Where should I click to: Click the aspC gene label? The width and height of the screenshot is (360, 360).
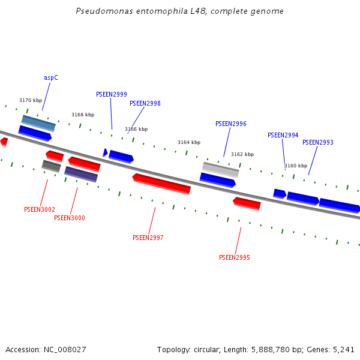pos(51,78)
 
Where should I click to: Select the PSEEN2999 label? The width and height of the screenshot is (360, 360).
pos(112,95)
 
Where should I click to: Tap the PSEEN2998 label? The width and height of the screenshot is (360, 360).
pos(145,104)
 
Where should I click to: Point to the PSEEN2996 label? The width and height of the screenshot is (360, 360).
pos(231,124)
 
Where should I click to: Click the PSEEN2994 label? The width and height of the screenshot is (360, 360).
pos(283,136)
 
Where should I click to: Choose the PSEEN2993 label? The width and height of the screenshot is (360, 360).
pos(318,143)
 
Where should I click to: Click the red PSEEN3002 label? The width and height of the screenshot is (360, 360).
pos(40,210)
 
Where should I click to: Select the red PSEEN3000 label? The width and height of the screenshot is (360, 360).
pos(70,218)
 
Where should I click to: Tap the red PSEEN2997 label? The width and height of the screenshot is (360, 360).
pos(148,238)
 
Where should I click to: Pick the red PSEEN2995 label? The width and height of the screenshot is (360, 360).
pos(235,258)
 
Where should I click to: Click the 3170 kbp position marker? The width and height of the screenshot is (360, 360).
pos(31,101)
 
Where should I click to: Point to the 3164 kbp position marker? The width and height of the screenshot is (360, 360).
pos(189,143)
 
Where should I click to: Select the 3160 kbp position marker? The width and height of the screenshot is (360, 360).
pos(296,166)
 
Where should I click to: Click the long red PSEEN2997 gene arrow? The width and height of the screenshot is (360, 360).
pos(161,184)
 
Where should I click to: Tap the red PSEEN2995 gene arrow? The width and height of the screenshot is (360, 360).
pos(247,203)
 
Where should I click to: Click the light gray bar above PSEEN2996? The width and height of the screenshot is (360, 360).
pos(221,169)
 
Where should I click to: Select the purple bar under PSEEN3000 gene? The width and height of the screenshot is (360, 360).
pos(81,174)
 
